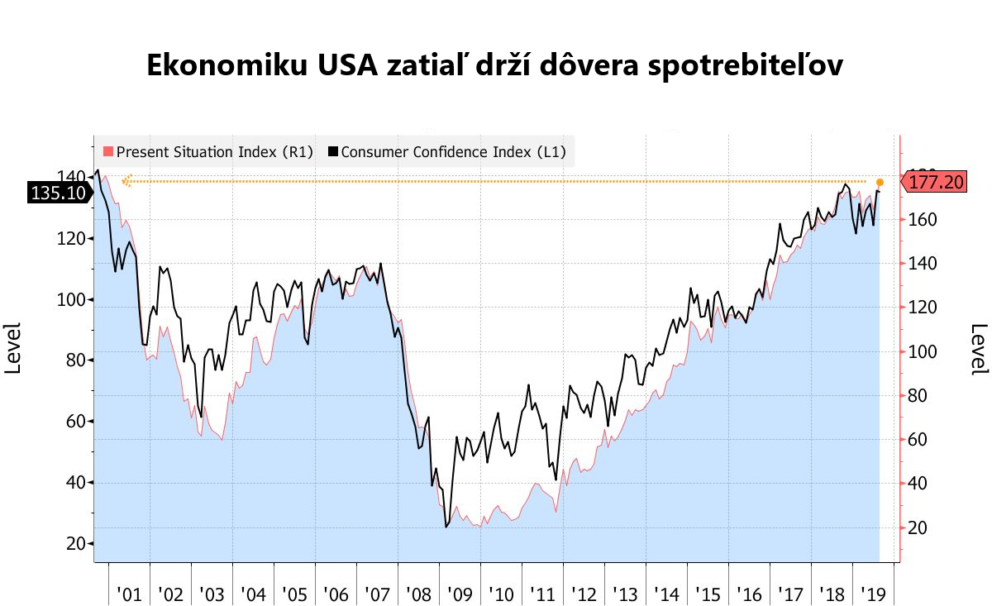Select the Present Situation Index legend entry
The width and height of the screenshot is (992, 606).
coord(207,152)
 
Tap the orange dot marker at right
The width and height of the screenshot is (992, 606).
coord(880,182)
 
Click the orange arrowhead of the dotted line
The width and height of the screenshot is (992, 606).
coord(126,181)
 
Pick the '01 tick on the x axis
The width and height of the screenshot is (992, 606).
coord(129,594)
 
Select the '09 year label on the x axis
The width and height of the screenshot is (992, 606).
coord(460,594)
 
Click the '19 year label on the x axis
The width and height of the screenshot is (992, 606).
coord(873,594)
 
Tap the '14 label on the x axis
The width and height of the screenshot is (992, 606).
coord(666,594)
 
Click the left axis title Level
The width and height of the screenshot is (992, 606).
coord(14,348)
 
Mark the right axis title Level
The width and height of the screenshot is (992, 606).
coord(979,348)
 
